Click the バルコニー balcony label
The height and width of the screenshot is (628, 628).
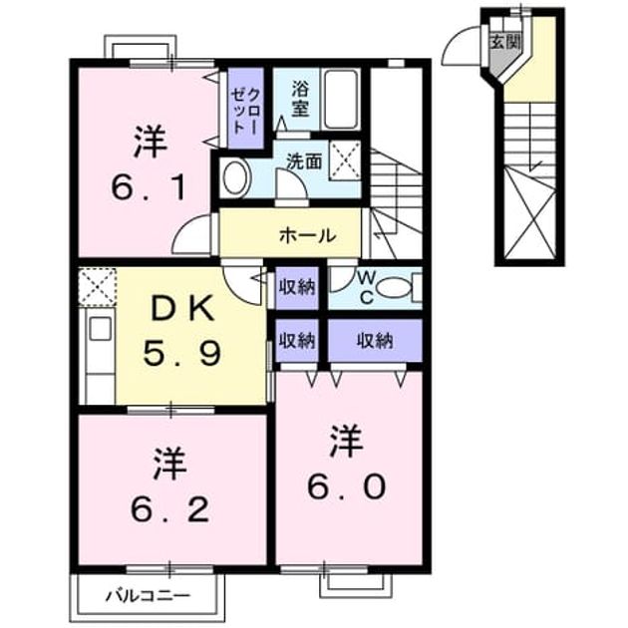coord(148,596)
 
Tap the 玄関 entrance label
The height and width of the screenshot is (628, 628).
coord(505,41)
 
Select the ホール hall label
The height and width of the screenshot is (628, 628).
coord(308,235)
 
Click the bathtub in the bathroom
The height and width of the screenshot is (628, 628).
coord(341,100)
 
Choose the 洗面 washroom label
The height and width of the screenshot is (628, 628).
coord(304,161)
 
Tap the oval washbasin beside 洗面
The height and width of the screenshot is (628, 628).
coord(235,177)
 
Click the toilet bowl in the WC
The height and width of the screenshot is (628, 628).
coord(394,287)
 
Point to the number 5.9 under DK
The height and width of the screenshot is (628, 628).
coord(182,354)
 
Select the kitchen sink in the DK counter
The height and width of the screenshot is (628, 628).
coord(100,329)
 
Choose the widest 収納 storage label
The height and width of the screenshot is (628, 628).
coord(375,341)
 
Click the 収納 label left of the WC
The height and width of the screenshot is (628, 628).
coord(297,287)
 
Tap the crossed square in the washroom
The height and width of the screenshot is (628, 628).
coord(345,160)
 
